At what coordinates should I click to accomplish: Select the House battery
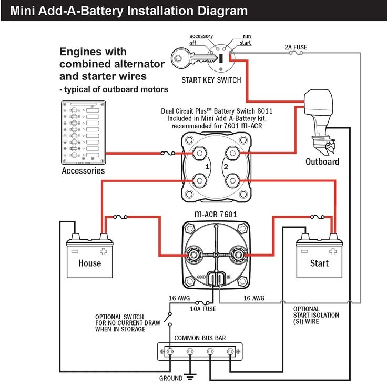coord(89,258)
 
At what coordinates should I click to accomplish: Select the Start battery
coord(319,258)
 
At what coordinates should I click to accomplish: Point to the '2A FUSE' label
coord(296,47)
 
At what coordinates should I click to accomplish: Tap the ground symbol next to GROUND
coord(191,377)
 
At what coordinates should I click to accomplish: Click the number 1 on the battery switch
coord(208,167)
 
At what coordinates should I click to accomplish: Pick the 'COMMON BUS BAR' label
coord(200,338)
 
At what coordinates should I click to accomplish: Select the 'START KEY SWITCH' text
coord(211,80)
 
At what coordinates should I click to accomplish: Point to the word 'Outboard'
coord(322,161)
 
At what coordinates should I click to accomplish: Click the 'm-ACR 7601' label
coord(216,214)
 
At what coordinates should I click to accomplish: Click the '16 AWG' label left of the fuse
coord(177,298)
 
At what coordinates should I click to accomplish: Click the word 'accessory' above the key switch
coord(201,36)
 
